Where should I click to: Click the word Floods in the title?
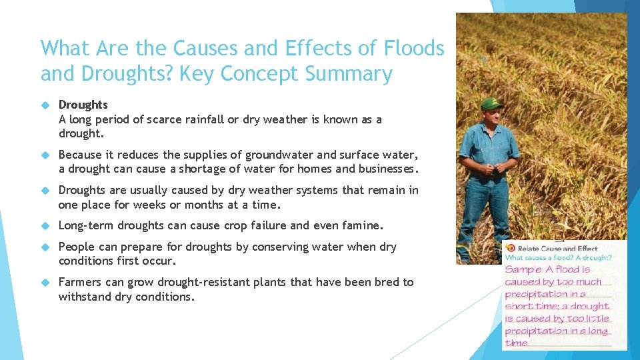pyautogui.click(x=414, y=48)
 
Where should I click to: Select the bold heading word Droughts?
pyautogui.click(x=83, y=105)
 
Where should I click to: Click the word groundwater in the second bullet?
pyautogui.click(x=278, y=155)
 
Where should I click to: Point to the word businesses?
pyautogui.click(x=382, y=169)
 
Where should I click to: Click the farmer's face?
pyautogui.click(x=492, y=118)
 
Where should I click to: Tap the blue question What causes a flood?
pyautogui.click(x=533, y=258)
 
